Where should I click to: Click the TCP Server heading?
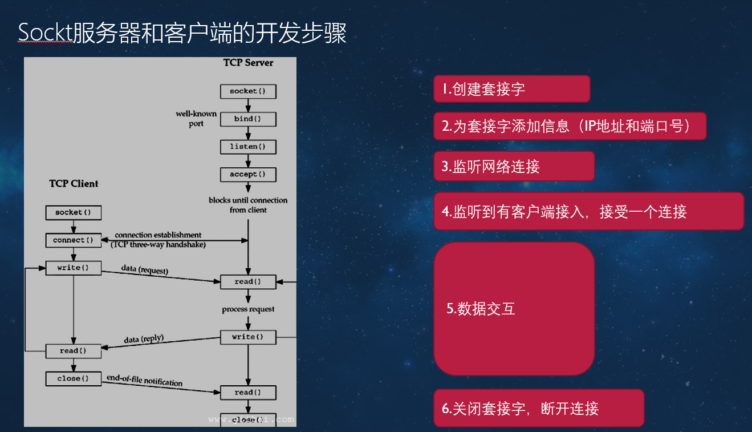(248, 63)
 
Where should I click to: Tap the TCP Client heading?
(74, 184)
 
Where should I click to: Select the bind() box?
(248, 119)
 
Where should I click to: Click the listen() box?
(248, 147)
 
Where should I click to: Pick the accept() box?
(248, 174)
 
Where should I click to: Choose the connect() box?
(73, 240)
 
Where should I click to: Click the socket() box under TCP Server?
(248, 91)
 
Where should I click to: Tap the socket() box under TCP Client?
(73, 213)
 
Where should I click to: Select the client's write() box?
(73, 268)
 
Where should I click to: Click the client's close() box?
(73, 378)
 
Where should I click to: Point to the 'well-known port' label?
(196, 119)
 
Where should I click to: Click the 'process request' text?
(248, 309)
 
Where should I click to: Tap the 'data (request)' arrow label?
(145, 269)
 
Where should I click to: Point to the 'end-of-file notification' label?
(144, 381)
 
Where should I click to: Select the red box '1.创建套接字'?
(511, 89)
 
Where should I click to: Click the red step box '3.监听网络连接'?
(514, 166)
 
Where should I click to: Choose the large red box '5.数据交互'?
(514, 309)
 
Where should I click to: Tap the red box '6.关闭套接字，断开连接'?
(539, 408)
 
